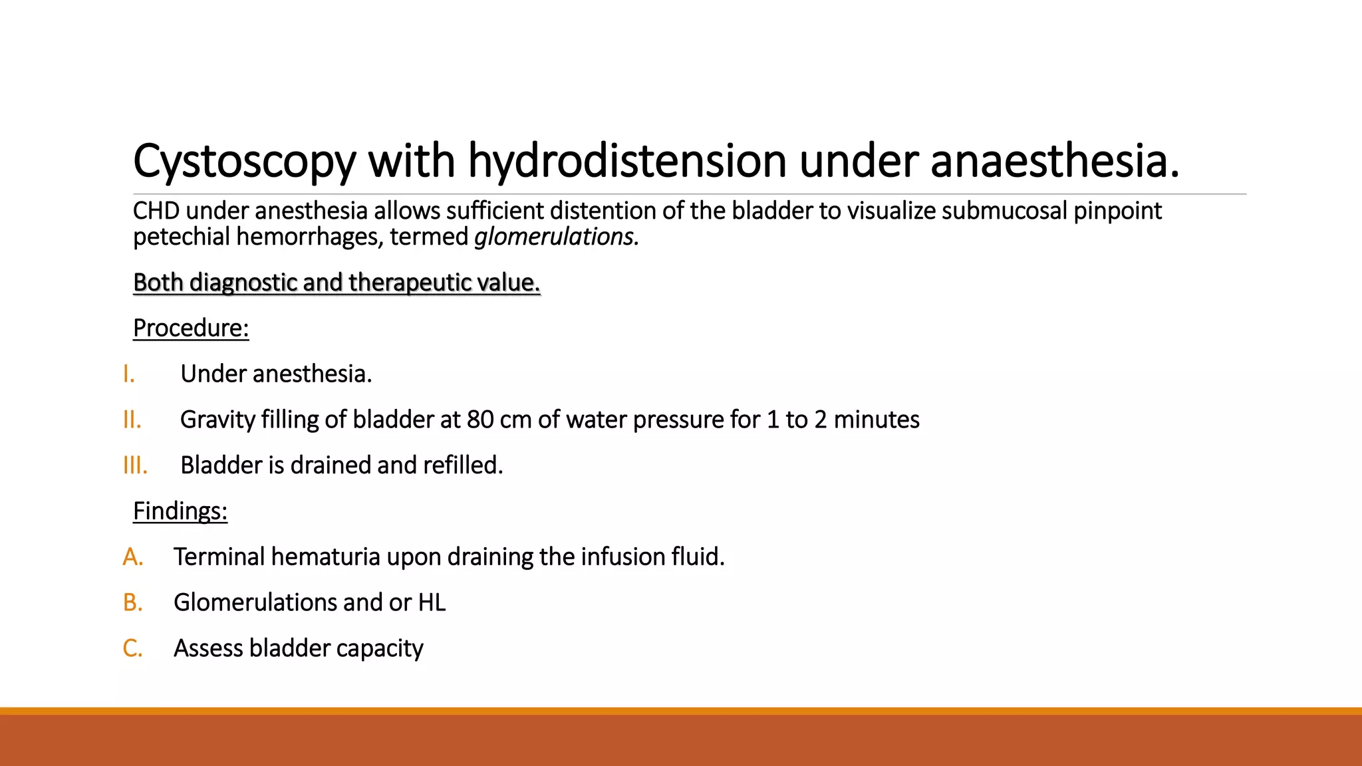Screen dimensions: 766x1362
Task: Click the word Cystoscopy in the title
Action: (x=244, y=162)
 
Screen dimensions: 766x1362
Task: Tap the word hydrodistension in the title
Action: (x=627, y=162)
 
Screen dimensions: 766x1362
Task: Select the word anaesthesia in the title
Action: (x=1055, y=162)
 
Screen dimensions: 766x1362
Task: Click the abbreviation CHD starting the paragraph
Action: (x=156, y=211)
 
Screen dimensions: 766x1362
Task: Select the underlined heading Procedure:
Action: (x=191, y=328)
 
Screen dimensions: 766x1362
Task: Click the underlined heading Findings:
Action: (x=180, y=511)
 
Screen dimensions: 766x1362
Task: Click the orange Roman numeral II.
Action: (x=132, y=420)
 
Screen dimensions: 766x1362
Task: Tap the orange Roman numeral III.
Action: (x=135, y=465)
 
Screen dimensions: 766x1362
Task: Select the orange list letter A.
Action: (x=133, y=557)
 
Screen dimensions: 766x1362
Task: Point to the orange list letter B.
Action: (x=133, y=603)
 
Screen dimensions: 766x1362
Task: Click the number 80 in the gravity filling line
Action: (x=479, y=420)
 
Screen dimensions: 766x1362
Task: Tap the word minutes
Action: (x=877, y=420)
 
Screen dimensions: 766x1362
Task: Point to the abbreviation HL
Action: (x=432, y=603)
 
